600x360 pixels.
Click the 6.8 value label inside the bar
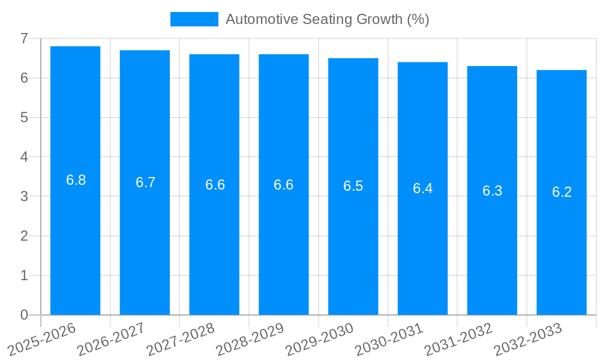(76, 180)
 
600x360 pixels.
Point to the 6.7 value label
(146, 182)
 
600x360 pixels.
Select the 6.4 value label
(422, 188)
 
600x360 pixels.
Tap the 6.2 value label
(562, 192)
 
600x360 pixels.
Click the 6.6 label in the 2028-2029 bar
(284, 185)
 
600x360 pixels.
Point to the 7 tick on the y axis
(24, 38)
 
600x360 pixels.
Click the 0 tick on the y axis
(24, 315)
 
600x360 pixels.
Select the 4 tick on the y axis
(24, 157)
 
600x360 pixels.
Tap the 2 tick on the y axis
(24, 236)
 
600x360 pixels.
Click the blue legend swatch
(194, 19)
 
